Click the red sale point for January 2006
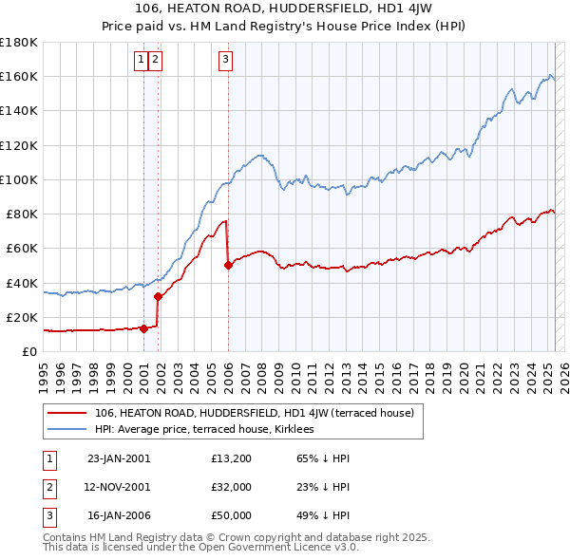coord(228,266)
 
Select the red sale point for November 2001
coord(158,296)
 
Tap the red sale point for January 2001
coord(144,328)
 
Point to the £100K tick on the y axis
coord(18,179)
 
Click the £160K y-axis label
coord(18,76)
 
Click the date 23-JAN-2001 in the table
coord(119,458)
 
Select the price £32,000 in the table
coord(232,488)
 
